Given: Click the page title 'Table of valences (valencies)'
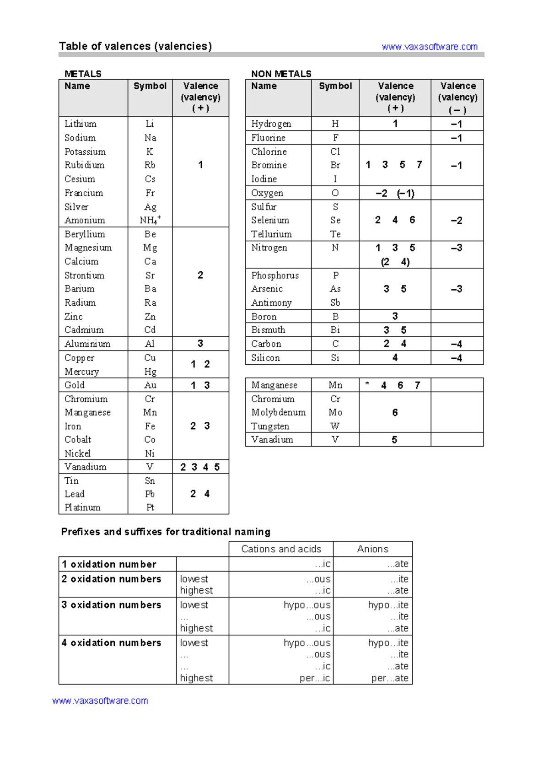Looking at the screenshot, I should click(135, 46).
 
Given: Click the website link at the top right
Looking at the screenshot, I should click(429, 47).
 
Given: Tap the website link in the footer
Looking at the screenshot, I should click(100, 701).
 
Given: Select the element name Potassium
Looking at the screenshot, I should click(85, 151).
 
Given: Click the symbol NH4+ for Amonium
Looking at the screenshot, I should click(150, 220).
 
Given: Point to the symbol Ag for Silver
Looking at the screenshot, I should click(150, 207).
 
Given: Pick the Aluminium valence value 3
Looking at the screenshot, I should click(200, 344).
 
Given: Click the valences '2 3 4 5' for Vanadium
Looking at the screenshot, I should click(200, 467).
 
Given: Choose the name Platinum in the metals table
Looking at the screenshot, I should click(82, 507).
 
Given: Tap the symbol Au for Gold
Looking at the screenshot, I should click(150, 385).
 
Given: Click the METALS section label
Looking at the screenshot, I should click(83, 74).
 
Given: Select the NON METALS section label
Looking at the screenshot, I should click(281, 74).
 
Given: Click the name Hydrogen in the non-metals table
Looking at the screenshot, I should click(271, 124).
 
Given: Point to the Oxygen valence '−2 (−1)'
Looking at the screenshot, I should click(395, 193).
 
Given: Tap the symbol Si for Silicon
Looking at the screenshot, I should click(335, 357).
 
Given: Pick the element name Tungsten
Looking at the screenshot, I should click(270, 426).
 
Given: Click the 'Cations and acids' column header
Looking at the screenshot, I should click(281, 549).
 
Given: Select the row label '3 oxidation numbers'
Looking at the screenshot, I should click(111, 604).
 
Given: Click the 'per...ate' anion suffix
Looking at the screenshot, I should click(390, 678).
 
